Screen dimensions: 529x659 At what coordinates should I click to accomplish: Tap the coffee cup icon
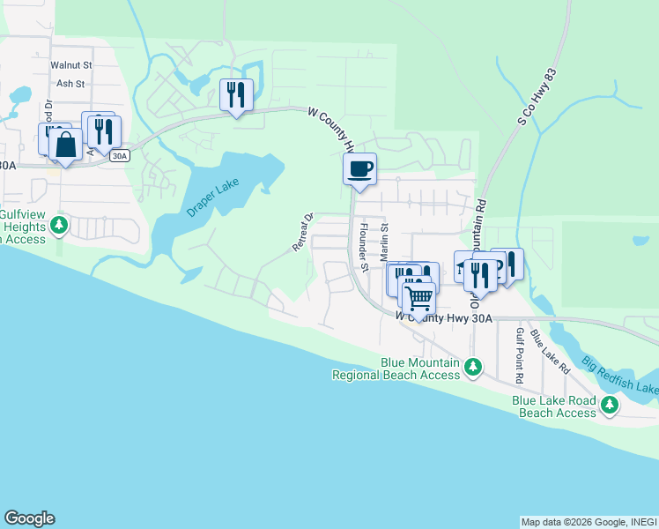tap(359, 168)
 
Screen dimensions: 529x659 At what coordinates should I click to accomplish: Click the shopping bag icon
tap(65, 144)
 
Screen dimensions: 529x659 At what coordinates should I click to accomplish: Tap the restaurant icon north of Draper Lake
tap(236, 94)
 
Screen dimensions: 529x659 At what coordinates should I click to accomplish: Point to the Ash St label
tap(70, 84)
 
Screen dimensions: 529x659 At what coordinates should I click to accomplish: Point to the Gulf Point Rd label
tap(520, 354)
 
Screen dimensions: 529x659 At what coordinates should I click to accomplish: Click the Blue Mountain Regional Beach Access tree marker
tap(473, 366)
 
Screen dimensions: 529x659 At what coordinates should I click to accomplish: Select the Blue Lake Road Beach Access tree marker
tap(609, 405)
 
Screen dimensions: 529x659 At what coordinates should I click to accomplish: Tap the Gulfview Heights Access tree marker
tap(59, 225)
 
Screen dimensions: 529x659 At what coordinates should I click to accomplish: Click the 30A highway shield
tap(120, 156)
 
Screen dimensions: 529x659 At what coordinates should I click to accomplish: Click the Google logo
tap(29, 518)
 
